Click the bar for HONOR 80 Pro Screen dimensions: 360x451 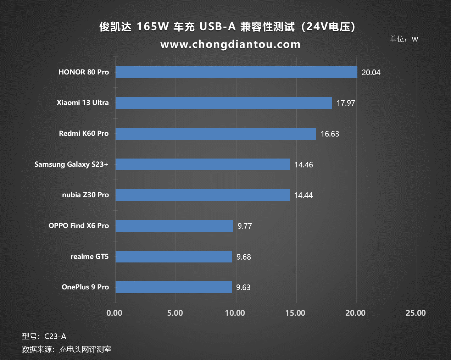(236, 72)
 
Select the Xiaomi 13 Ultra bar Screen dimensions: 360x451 (224, 103)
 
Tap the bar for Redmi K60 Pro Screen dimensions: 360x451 (216, 134)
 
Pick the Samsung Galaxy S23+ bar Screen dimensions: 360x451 (202, 164)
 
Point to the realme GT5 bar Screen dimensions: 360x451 (174, 256)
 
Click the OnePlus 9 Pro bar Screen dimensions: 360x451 (173, 287)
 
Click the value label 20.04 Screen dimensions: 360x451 (371, 72)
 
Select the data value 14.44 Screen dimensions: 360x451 (303, 195)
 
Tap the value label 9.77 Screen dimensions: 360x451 (245, 226)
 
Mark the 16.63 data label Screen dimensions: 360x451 (330, 134)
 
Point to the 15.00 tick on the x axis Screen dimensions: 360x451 (295, 313)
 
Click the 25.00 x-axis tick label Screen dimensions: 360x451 (416, 313)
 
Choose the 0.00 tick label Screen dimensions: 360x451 (115, 313)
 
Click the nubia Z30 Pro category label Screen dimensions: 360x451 (85, 195)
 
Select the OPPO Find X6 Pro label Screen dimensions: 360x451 (79, 226)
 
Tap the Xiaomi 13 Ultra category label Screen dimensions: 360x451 (83, 103)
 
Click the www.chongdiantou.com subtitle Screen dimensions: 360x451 (230, 44)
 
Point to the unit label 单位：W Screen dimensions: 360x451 (404, 39)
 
